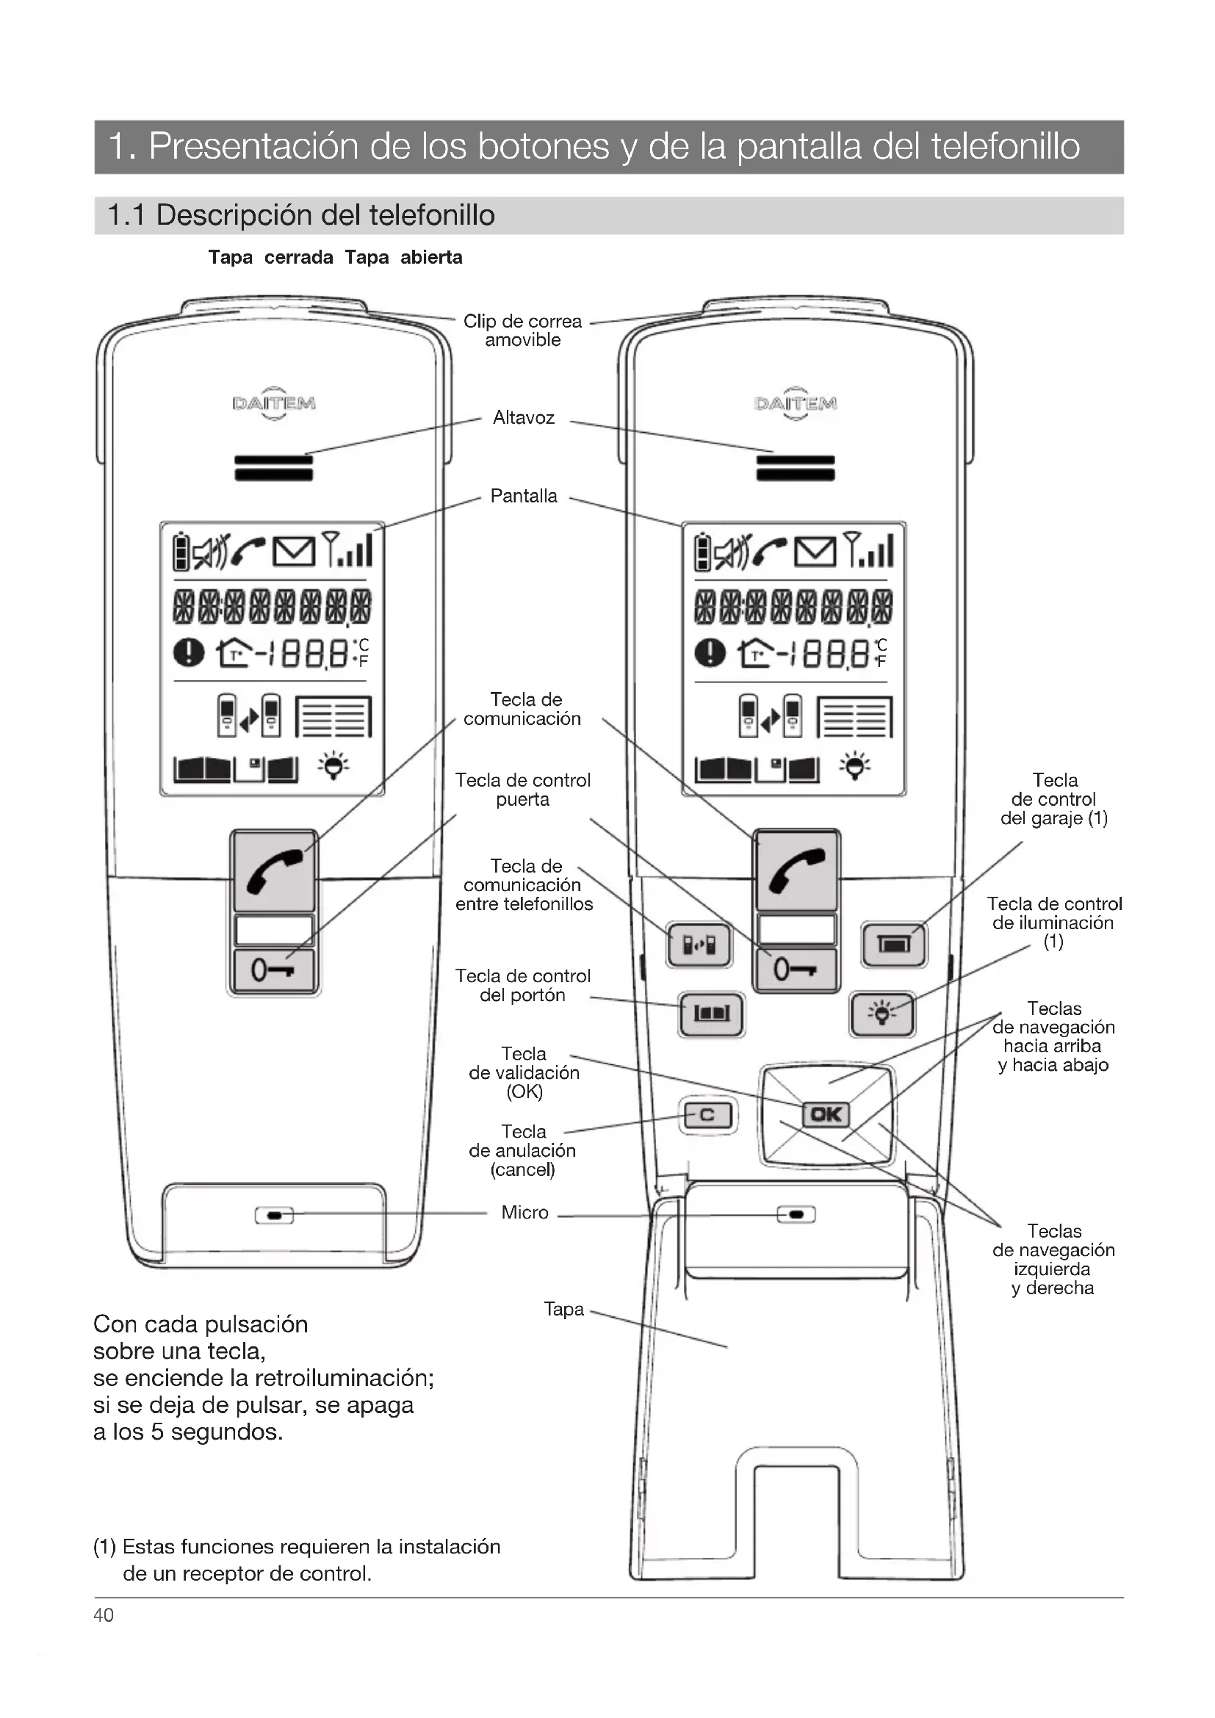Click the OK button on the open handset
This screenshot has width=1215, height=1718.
click(x=826, y=1115)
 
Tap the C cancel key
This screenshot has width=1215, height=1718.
click(x=707, y=1116)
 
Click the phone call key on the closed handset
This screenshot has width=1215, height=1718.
click(x=274, y=870)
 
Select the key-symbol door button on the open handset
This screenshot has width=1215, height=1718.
click(x=796, y=970)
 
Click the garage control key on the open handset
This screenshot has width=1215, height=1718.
click(x=893, y=945)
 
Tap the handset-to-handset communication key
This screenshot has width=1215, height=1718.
click(x=699, y=945)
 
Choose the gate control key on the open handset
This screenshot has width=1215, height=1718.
click(x=711, y=1014)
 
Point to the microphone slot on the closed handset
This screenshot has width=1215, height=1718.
click(x=274, y=1216)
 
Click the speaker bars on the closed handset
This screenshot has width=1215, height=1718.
click(x=274, y=468)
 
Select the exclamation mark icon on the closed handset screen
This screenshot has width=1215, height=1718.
click(x=188, y=652)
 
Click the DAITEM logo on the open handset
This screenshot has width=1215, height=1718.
click(x=796, y=404)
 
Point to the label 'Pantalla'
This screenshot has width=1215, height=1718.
click(x=524, y=496)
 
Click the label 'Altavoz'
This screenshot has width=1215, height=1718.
click(x=524, y=417)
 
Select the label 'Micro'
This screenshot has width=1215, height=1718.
click(x=524, y=1212)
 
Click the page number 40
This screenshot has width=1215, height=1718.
click(x=104, y=1615)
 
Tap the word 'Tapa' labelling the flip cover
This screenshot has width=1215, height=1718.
click(x=563, y=1309)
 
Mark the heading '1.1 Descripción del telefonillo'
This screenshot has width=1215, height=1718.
click(x=300, y=215)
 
